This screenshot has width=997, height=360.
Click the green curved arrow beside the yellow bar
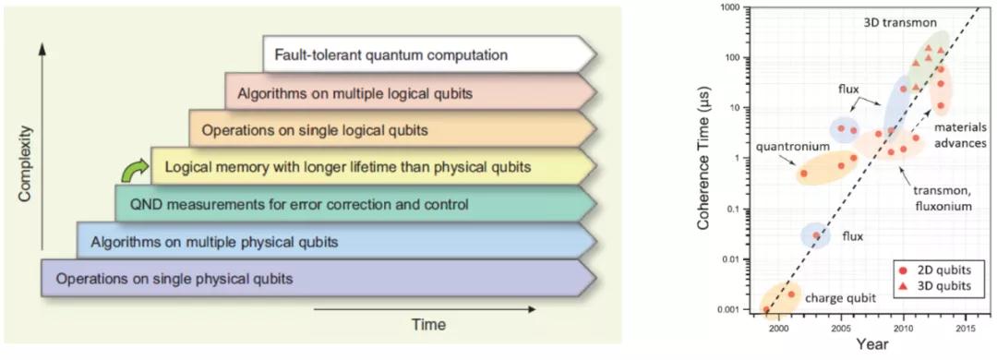coord(134,170)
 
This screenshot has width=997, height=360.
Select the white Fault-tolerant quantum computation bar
coord(430,54)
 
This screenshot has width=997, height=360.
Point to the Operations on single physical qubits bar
coord(318,278)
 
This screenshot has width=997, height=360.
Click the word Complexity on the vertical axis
coord(25,163)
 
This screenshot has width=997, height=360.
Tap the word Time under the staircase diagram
coord(428,325)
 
